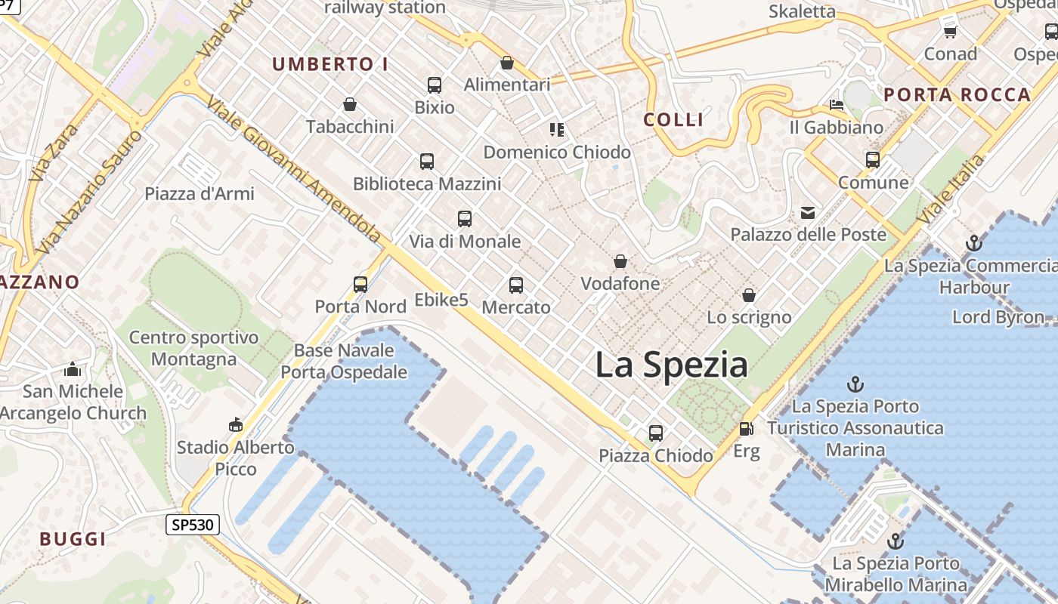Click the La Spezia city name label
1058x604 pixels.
pos(671,365)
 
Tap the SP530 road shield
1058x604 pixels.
pos(193,525)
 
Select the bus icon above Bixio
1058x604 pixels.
pos(435,85)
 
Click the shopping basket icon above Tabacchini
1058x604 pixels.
pos(350,104)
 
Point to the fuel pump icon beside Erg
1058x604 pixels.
pos(746,429)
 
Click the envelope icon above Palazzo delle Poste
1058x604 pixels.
pos(808,212)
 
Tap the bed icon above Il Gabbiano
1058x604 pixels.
pos(836,105)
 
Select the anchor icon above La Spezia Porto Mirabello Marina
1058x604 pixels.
pos(896,541)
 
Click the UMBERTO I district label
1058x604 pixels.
pos(330,65)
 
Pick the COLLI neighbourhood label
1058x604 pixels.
pos(673,119)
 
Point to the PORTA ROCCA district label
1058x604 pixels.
pos(957,95)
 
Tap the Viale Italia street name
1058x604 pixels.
pos(951,189)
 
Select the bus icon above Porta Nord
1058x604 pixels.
pos(360,285)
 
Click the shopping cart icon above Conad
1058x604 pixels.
pos(951,32)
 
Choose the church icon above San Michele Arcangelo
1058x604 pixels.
pos(73,369)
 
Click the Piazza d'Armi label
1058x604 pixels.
pos(200,194)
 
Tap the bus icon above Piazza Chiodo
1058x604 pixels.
pos(656,433)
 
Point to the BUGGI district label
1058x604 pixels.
pos(73,539)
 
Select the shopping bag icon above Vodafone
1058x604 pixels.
pos(620,261)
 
